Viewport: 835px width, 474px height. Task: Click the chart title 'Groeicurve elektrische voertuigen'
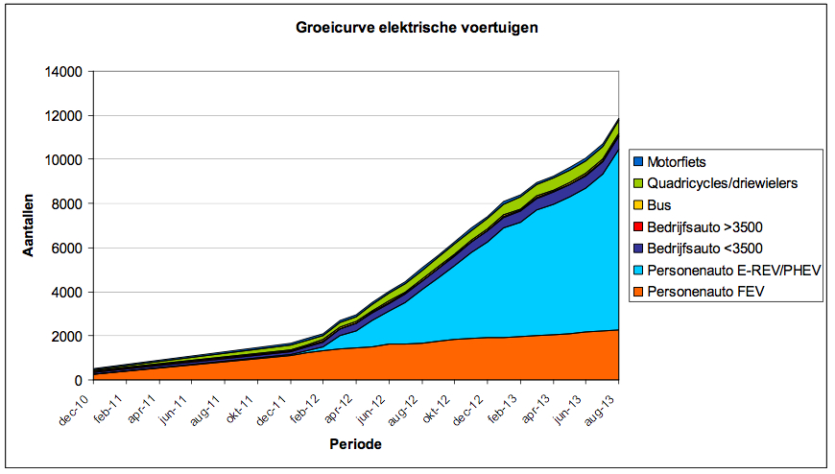coord(416,28)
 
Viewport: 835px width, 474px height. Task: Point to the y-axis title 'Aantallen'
coord(30,225)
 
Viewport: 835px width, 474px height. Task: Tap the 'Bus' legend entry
coord(658,205)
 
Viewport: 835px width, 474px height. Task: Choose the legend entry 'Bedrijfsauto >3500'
coord(706,227)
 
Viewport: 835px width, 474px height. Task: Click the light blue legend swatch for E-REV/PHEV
coord(637,271)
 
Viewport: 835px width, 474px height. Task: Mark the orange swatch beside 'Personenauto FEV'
coord(637,292)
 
